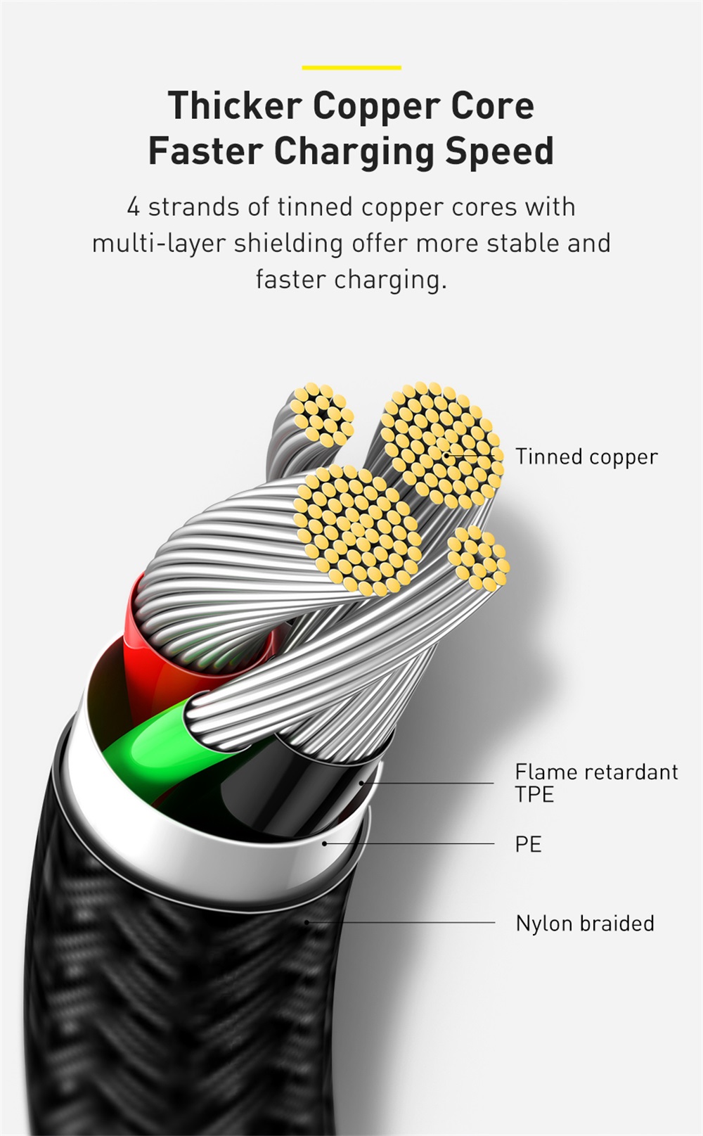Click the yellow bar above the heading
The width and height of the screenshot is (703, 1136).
click(351, 68)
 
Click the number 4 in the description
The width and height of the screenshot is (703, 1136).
click(133, 208)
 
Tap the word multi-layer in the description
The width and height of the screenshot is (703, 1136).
click(158, 243)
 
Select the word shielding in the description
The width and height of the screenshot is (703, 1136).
click(288, 243)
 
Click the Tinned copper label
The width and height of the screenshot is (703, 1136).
click(586, 457)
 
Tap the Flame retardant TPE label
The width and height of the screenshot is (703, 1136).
click(596, 783)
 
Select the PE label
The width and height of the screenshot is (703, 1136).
click(528, 844)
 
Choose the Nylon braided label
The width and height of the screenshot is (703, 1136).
click(585, 923)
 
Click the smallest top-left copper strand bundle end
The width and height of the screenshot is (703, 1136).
click(323, 415)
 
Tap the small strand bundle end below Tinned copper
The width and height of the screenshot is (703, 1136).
click(479, 557)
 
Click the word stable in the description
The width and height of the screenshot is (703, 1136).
click(516, 243)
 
